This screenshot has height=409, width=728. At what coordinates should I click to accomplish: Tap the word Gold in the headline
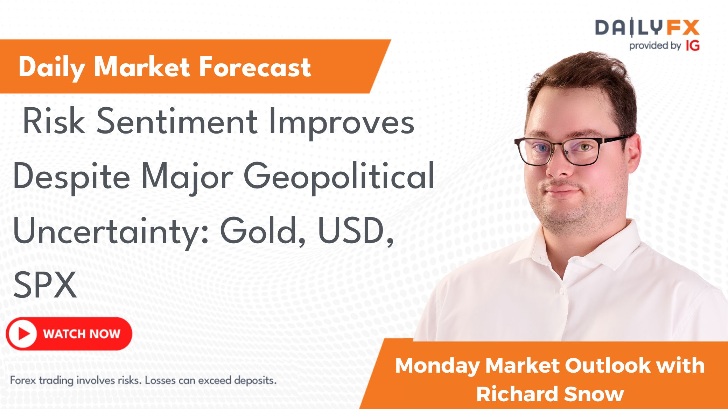coord(262,231)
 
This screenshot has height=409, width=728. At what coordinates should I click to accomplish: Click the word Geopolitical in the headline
coord(339,176)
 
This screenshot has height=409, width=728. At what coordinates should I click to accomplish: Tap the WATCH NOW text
coord(82,334)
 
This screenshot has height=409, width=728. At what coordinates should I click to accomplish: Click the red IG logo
coord(693,45)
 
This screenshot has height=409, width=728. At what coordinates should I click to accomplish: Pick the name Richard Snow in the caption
coord(550,394)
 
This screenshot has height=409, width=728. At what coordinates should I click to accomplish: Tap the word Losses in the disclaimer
coord(159,380)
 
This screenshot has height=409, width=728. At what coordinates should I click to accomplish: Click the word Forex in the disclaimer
coord(23,380)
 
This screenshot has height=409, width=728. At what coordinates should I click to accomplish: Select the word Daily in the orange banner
coord(52,67)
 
